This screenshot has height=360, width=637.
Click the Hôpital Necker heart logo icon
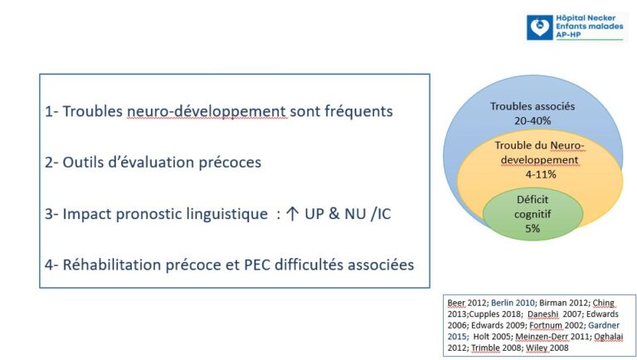[539, 27]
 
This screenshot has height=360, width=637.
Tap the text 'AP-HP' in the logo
[568, 35]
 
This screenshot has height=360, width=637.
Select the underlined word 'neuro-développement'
[207, 111]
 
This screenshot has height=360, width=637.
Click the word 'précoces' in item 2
[230, 163]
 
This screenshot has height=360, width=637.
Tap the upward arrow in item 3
[292, 214]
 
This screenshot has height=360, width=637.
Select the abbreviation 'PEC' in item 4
[257, 265]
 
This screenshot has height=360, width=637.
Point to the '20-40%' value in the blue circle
[532, 120]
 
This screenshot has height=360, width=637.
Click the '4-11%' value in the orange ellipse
[541, 174]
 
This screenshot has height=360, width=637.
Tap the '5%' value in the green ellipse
[532, 228]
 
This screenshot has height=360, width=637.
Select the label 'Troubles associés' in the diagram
[532, 106]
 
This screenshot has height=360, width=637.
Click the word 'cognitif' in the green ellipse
[532, 214]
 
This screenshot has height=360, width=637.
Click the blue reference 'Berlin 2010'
[513, 303]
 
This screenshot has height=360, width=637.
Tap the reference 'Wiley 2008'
[547, 348]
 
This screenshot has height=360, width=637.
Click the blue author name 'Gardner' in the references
[604, 325]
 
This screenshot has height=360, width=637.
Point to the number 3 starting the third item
[49, 214]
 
